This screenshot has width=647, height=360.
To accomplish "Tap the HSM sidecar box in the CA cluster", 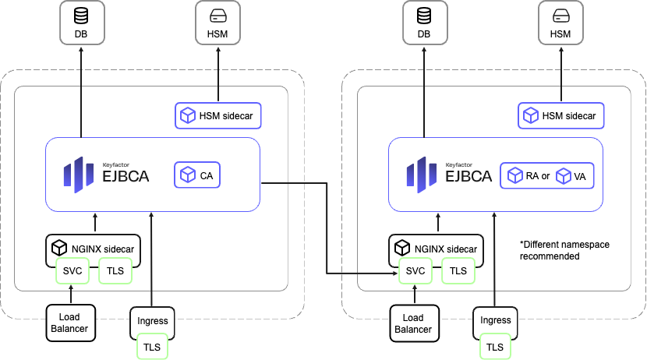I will click(x=217, y=116).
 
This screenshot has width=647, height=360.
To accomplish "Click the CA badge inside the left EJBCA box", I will click(x=197, y=175).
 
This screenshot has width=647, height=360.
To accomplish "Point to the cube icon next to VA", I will click(x=564, y=176).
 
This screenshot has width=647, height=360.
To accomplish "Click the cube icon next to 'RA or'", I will click(x=515, y=176).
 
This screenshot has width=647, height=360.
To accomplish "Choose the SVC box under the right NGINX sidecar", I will click(x=416, y=270).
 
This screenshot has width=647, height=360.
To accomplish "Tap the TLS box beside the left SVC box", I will click(x=115, y=270).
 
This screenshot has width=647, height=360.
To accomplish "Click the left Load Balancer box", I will click(x=71, y=323).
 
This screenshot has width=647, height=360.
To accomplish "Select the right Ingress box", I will click(x=495, y=320).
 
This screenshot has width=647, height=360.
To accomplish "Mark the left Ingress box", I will click(x=152, y=320).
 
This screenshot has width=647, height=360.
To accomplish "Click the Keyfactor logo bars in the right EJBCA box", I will click(x=421, y=175).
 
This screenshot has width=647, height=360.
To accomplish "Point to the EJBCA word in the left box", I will click(x=125, y=178).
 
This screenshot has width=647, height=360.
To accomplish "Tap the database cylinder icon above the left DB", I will click(x=81, y=15).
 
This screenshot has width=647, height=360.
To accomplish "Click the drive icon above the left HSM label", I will click(x=217, y=15).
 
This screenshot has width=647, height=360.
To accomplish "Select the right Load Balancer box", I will click(x=413, y=323).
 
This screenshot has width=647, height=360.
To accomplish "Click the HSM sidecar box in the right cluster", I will click(x=560, y=116).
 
